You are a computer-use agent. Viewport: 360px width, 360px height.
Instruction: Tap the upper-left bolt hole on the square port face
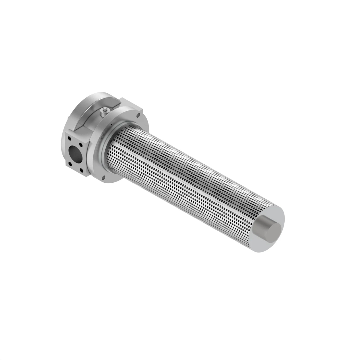(x=69, y=139)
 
